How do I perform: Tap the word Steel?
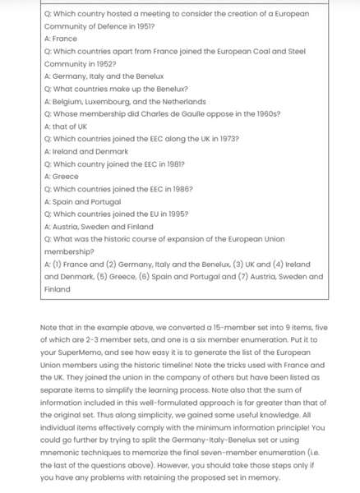point(297,51)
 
